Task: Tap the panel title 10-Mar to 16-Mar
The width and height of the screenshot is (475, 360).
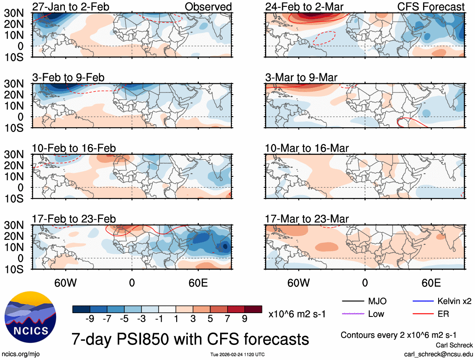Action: pos(307,148)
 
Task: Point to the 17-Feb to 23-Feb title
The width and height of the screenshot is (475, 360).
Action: pos(74,219)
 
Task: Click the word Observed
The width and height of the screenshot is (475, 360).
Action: pos(208,7)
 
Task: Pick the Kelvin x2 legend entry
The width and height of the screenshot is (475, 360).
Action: pos(455,301)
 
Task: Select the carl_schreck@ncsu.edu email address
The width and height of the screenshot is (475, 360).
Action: pos(438,354)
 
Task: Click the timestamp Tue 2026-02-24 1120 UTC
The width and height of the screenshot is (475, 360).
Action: pos(237,355)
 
